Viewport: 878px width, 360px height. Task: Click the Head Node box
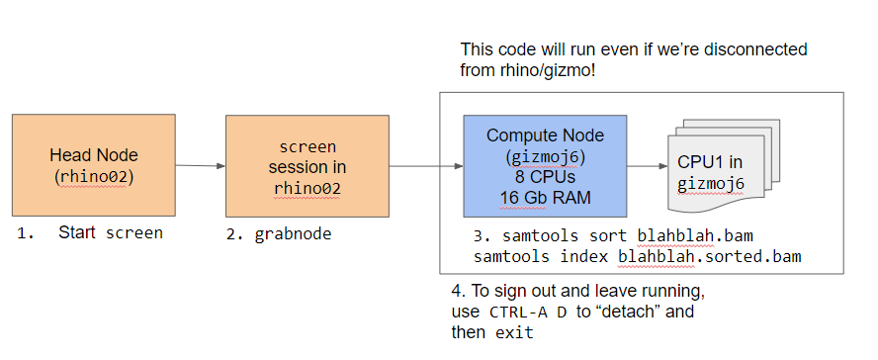pos(94,165)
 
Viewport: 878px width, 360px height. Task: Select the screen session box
pos(307,166)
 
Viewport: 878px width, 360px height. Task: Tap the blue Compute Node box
pos(545,166)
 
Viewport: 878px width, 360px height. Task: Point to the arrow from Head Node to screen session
pos(201,166)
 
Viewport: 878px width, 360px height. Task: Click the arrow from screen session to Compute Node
pos(426,166)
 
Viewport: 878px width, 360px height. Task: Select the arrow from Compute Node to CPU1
pos(648,166)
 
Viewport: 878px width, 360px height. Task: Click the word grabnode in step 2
pos(293,234)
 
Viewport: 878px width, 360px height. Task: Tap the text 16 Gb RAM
pos(545,198)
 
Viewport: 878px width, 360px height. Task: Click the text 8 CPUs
pos(545,178)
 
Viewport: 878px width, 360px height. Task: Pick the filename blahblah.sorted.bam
pos(710,256)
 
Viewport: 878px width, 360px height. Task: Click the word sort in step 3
pos(609,235)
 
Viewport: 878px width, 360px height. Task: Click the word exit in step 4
pos(514,333)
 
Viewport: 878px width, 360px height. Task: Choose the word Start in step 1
pos(77,232)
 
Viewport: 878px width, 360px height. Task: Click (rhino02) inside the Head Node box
pos(94,176)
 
